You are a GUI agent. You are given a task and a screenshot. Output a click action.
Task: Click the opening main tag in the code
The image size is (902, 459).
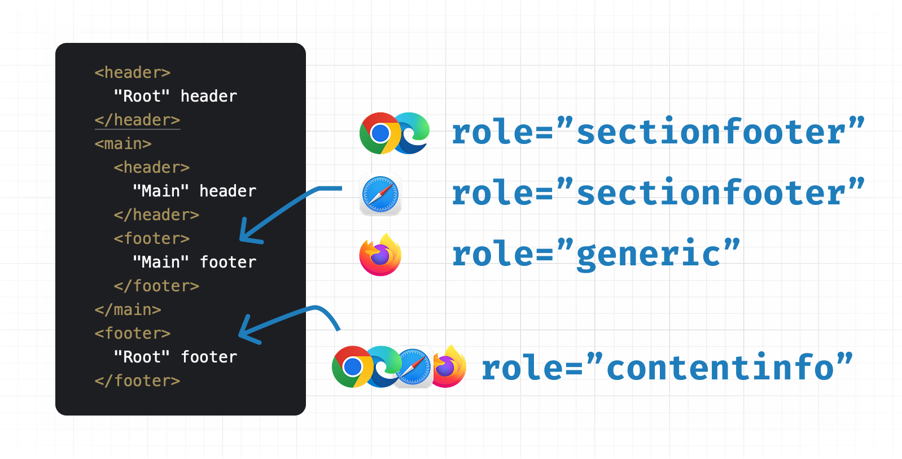tap(123, 144)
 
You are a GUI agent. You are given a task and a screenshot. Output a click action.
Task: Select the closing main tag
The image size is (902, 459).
tap(128, 309)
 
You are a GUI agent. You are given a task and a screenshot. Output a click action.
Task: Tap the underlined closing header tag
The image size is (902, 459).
tap(137, 120)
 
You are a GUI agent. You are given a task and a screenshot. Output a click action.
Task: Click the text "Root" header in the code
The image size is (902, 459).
tap(176, 96)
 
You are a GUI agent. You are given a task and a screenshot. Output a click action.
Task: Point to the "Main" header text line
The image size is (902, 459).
tap(195, 191)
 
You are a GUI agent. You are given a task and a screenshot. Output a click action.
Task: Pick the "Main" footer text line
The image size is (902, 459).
tap(195, 262)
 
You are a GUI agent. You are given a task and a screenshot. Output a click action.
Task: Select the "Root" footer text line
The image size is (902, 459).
tap(176, 357)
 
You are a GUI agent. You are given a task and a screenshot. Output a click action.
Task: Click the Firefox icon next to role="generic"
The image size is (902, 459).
tap(380, 255)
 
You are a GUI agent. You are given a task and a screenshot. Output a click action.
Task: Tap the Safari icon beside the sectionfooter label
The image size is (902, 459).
tap(380, 194)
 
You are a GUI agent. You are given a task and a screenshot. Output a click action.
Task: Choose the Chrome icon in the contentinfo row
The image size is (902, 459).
tap(353, 367)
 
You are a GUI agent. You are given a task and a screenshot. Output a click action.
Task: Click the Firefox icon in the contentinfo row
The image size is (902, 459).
tap(448, 366)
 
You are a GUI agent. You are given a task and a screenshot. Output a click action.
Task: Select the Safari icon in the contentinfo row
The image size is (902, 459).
tap(413, 367)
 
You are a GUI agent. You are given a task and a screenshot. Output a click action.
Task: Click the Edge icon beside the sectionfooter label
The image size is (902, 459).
tap(411, 133)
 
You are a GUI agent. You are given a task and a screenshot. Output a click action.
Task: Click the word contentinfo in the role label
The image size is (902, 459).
tap(720, 367)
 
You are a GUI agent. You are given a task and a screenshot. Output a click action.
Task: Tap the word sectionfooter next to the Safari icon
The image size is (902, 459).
tap(711, 193)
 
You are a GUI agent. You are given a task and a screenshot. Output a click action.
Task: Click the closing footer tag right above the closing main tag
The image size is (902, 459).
tap(156, 286)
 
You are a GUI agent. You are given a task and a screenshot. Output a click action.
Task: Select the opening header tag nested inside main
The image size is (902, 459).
tap(151, 168)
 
